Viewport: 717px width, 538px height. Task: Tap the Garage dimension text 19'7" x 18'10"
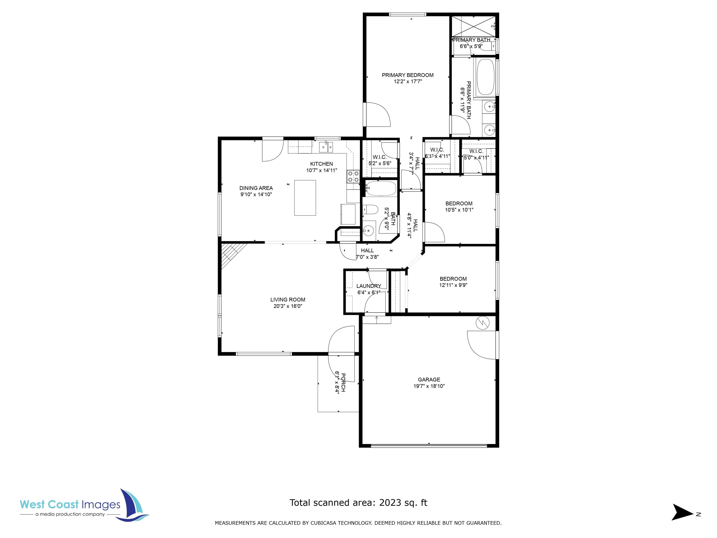(x=429, y=386)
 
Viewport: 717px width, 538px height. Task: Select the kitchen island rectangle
(x=305, y=198)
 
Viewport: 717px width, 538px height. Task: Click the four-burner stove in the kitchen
(x=353, y=176)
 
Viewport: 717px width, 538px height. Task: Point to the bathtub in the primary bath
(x=485, y=77)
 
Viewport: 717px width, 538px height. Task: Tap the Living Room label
(x=288, y=300)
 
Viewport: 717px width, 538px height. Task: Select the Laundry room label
(x=369, y=286)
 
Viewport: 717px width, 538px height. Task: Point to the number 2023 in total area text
(x=390, y=503)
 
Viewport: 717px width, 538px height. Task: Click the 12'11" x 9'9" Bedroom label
(x=453, y=279)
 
